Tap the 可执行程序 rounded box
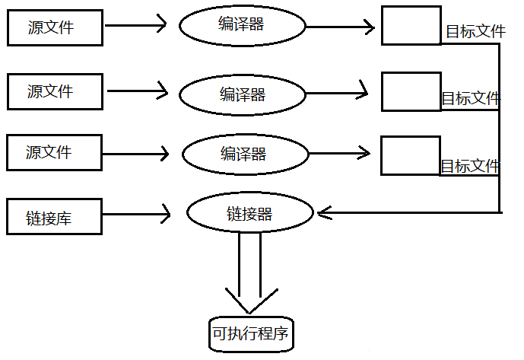250,333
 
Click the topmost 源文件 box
54,27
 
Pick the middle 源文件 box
54,91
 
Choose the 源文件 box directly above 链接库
54,152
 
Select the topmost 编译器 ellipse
241,25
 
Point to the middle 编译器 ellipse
243,94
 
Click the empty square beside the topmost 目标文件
411,25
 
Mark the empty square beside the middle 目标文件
411,91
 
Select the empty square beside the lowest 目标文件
411,155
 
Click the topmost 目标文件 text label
475,32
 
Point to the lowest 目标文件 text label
471,166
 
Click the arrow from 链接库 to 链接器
137,215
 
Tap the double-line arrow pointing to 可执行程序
250,274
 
